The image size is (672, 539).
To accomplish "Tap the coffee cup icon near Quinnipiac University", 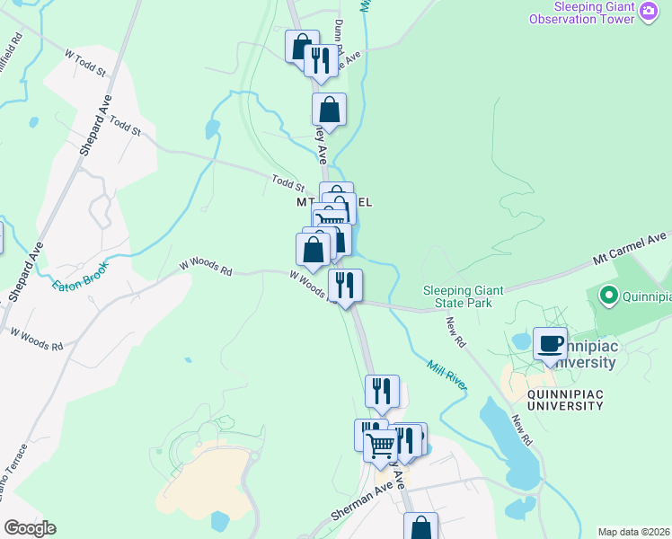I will (x=550, y=343).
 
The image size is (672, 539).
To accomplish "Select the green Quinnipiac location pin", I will (x=608, y=295).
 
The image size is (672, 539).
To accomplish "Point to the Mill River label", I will (x=447, y=376).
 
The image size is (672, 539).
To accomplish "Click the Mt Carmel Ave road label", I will (x=629, y=251).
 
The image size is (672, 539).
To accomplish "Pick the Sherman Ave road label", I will (x=359, y=500).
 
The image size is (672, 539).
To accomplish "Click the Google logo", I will (x=29, y=528).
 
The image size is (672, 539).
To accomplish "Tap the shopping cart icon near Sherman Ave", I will (x=380, y=444).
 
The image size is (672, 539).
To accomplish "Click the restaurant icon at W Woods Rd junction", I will (x=345, y=285).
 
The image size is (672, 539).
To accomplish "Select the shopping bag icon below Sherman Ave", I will (x=420, y=526).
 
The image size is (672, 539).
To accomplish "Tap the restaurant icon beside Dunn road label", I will (x=320, y=59).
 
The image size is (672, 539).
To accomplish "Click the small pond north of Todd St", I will (x=212, y=129).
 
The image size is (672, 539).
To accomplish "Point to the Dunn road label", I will (x=339, y=34).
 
